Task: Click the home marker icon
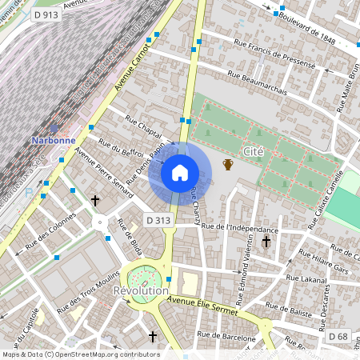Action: [x=180, y=172]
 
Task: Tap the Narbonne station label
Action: [x=54, y=140]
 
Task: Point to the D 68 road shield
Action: [x=338, y=337]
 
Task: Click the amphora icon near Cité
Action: [x=228, y=165]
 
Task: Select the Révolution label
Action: [x=141, y=291]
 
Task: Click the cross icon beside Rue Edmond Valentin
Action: [x=266, y=241]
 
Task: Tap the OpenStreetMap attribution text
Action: [x=80, y=354]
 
